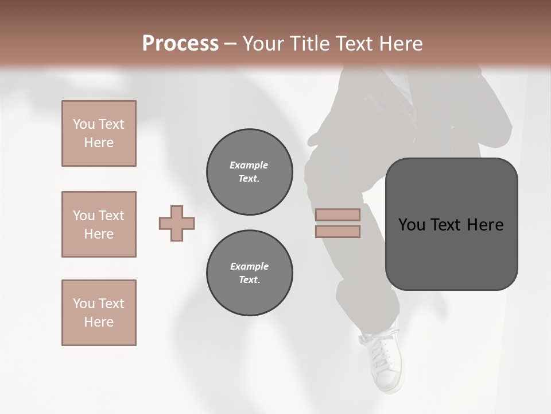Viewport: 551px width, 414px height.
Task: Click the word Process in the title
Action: pyautogui.click(x=180, y=44)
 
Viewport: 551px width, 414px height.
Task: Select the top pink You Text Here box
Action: pyautogui.click(x=99, y=133)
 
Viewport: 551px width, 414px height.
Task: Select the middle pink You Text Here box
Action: pyautogui.click(x=99, y=224)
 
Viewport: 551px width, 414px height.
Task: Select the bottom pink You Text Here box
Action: pyautogui.click(x=99, y=313)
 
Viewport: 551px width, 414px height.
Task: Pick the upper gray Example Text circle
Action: pyautogui.click(x=250, y=172)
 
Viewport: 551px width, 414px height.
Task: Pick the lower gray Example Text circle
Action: pyautogui.click(x=250, y=273)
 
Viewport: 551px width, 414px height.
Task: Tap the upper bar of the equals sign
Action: pyautogui.click(x=337, y=214)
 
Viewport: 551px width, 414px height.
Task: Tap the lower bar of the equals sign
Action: pyautogui.click(x=337, y=232)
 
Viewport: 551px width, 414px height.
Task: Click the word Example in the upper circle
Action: pyautogui.click(x=249, y=165)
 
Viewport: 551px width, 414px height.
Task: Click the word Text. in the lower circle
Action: pyautogui.click(x=249, y=280)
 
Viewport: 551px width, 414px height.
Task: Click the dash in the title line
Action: pyautogui.click(x=230, y=44)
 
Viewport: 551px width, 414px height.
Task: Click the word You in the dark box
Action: pyautogui.click(x=412, y=225)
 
